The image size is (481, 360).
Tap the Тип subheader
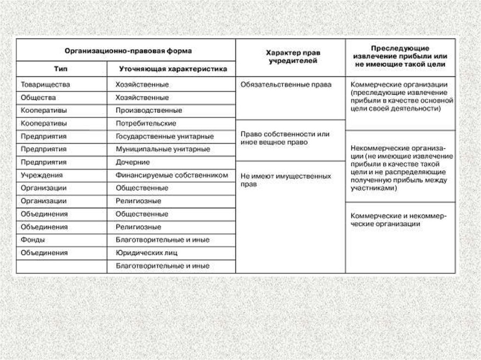(x=61, y=69)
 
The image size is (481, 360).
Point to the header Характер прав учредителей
(x=291, y=57)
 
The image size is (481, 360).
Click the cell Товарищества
(x=46, y=85)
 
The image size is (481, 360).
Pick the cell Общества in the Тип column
(x=38, y=98)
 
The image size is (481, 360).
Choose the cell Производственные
(x=149, y=111)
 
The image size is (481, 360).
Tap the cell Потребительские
(x=146, y=123)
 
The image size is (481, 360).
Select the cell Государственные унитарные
(x=164, y=137)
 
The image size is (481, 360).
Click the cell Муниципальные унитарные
(x=163, y=149)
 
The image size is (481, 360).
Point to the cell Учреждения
(x=42, y=175)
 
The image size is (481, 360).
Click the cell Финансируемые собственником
(x=171, y=175)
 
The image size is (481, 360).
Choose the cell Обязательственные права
(x=286, y=85)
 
